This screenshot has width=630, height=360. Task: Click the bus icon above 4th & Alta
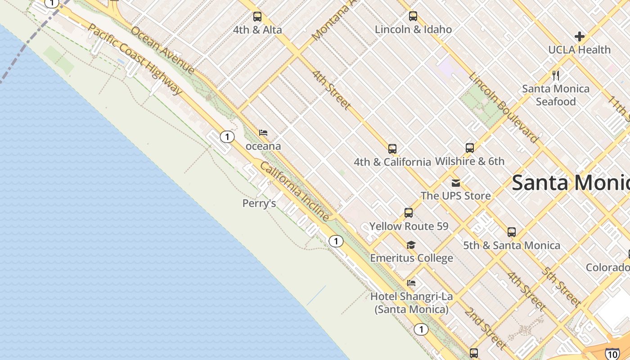(x=257, y=17)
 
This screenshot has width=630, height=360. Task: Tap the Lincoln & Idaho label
(x=413, y=30)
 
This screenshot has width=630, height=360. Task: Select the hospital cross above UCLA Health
(x=580, y=36)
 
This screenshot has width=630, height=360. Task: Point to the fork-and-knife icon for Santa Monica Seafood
(x=556, y=75)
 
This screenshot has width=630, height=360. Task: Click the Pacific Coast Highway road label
(x=135, y=59)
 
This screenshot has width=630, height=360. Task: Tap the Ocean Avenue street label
(x=162, y=50)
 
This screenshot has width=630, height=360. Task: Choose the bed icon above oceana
(x=263, y=133)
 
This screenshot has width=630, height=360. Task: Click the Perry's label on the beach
(x=259, y=203)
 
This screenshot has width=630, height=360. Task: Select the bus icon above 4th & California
(x=392, y=149)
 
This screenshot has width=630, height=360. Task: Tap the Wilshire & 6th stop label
(x=470, y=161)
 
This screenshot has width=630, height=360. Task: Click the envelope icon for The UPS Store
(x=456, y=183)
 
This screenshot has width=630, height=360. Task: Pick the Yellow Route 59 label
(x=409, y=226)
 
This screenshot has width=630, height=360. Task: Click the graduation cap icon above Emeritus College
(x=411, y=245)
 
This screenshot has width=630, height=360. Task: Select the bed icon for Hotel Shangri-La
(x=411, y=283)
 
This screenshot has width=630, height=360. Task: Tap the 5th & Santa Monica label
(x=512, y=245)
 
